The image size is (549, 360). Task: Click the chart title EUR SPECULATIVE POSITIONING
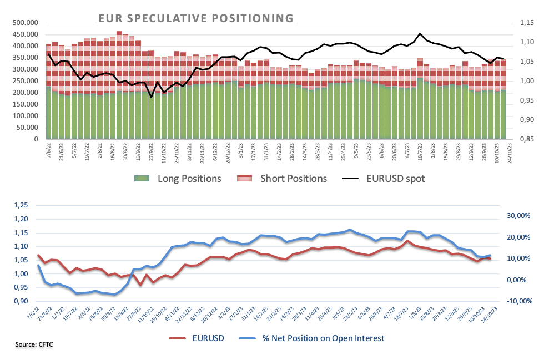click(x=196, y=18)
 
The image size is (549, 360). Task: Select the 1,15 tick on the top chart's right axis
click(x=527, y=23)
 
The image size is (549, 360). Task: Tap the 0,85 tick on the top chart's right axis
click(x=527, y=139)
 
